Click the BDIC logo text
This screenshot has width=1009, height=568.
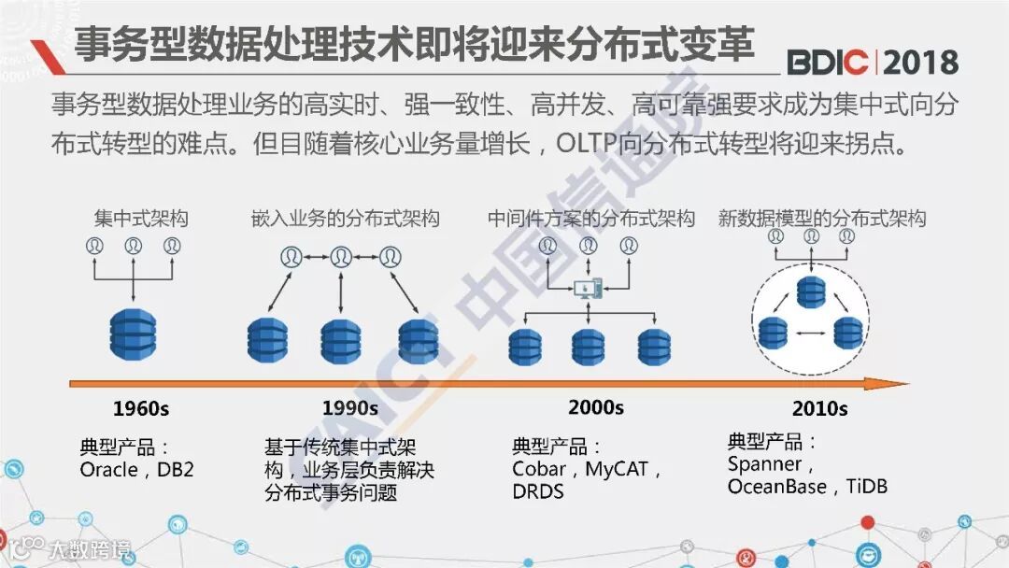pyautogui.click(x=830, y=62)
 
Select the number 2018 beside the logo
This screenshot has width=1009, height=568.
pyautogui.click(x=920, y=62)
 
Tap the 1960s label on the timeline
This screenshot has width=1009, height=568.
pyautogui.click(x=140, y=408)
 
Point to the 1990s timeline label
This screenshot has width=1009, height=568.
pyautogui.click(x=350, y=408)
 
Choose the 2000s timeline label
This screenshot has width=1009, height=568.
pyautogui.click(x=595, y=407)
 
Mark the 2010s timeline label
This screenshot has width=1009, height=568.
pyautogui.click(x=819, y=408)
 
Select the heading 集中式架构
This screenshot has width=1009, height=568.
pyautogui.click(x=140, y=220)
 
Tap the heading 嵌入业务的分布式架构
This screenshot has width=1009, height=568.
pyautogui.click(x=345, y=220)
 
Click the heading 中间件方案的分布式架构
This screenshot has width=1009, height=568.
pyautogui.click(x=590, y=220)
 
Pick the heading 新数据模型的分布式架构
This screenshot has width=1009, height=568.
pyautogui.click(x=822, y=220)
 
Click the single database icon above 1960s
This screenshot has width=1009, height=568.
pyautogui.click(x=133, y=329)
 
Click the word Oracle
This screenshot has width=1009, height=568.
pyautogui.click(x=108, y=470)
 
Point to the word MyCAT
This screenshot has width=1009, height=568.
pyautogui.click(x=617, y=469)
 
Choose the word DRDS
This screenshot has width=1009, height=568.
pyautogui.click(x=538, y=490)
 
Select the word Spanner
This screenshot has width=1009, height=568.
pyautogui.click(x=764, y=464)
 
